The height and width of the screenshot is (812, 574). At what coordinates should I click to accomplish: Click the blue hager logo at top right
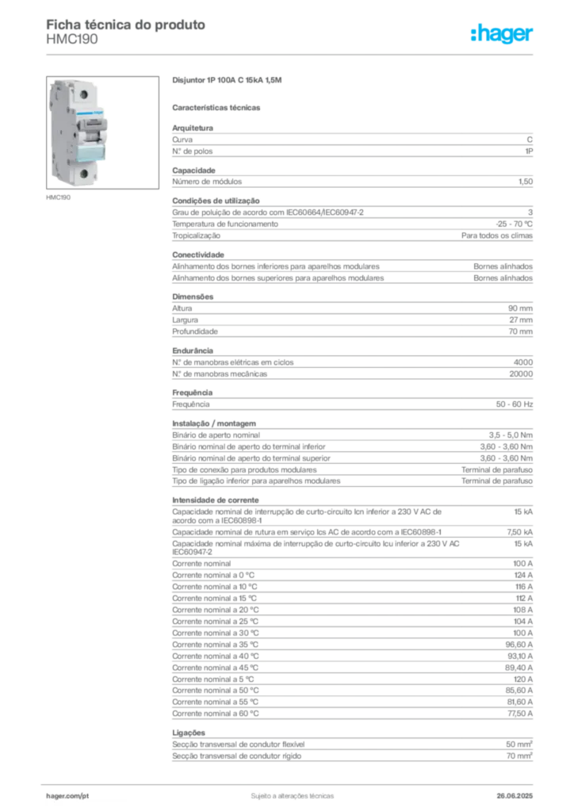[503, 35]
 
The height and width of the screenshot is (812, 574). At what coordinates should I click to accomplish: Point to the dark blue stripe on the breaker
[90, 115]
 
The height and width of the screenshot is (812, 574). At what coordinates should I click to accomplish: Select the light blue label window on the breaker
[90, 151]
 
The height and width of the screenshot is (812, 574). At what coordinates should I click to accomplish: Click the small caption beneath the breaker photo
[60, 197]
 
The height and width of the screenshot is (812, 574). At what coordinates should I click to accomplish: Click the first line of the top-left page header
[126, 25]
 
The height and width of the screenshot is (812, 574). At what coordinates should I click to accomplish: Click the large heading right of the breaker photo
[228, 82]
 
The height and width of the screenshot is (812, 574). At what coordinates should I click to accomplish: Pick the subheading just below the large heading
[218, 106]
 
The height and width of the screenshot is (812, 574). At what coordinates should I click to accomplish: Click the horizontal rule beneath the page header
[291, 55]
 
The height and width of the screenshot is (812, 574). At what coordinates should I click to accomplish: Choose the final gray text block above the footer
[351, 750]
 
